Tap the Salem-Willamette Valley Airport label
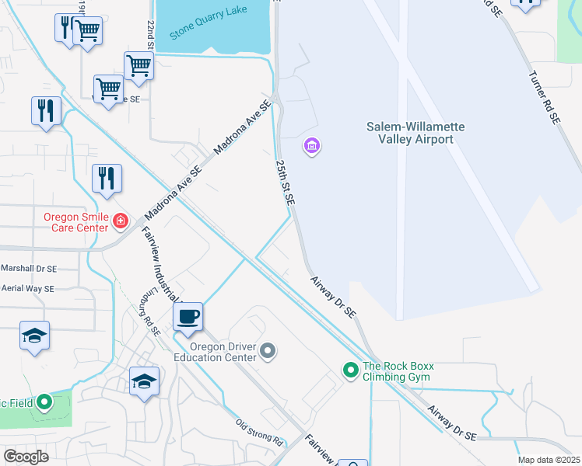point(410,133)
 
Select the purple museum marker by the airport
point(312,145)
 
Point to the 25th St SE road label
point(285,183)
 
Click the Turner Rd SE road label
point(544,99)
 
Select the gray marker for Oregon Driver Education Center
point(268,352)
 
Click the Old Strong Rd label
point(259,432)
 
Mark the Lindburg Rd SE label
point(153,313)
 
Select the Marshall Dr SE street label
point(29,268)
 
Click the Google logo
point(26,456)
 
